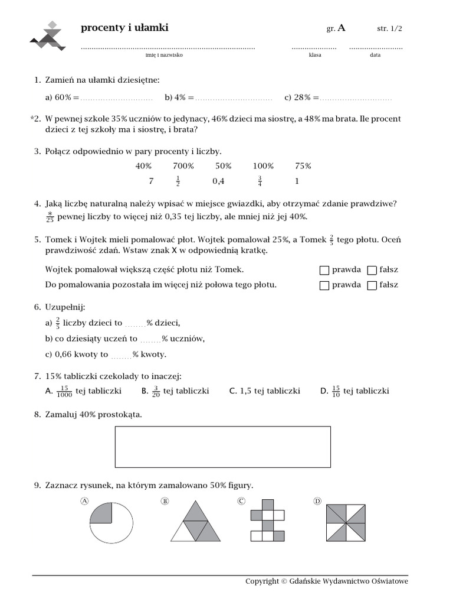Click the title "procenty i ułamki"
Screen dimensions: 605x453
click(x=124, y=28)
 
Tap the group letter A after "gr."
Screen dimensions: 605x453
click(x=342, y=28)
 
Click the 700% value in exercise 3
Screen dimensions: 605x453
click(x=183, y=166)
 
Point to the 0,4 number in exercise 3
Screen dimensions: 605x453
click(x=218, y=181)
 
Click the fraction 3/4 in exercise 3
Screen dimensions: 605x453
click(x=259, y=181)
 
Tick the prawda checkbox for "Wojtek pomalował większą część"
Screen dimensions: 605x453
click(x=324, y=270)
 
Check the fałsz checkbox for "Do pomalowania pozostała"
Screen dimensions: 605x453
click(x=372, y=285)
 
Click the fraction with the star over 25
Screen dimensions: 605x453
click(x=50, y=217)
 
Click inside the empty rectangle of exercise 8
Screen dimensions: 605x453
click(x=222, y=447)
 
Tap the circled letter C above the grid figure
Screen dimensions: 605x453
click(x=241, y=501)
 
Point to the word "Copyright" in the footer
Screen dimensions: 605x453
click(x=262, y=581)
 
